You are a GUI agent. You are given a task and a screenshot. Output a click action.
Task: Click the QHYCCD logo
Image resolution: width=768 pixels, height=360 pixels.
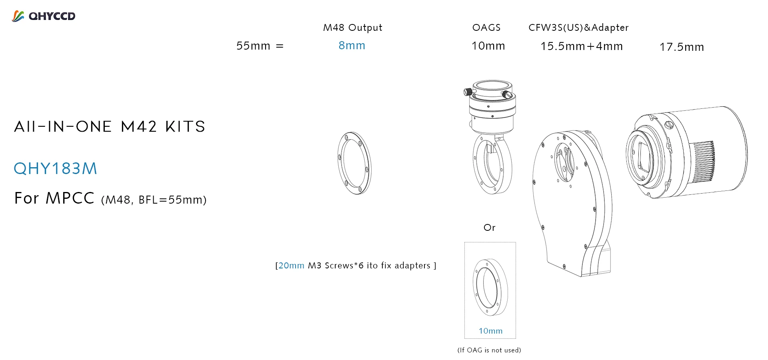tap(44, 16)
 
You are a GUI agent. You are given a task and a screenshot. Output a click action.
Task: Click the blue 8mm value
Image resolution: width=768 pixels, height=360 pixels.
tap(352, 46)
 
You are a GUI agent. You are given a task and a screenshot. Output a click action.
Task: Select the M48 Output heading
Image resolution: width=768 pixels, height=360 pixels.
tap(352, 28)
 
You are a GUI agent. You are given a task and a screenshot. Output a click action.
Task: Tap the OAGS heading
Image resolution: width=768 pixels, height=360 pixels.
tap(486, 28)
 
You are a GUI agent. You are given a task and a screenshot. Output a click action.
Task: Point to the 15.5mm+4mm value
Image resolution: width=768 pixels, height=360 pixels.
tap(582, 46)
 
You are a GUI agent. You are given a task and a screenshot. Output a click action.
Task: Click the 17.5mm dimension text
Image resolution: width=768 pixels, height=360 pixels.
tap(682, 47)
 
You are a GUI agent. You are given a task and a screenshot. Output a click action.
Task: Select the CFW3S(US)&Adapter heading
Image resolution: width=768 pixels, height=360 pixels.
tap(578, 28)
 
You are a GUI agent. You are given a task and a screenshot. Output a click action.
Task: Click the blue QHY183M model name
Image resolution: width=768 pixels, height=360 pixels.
tap(56, 168)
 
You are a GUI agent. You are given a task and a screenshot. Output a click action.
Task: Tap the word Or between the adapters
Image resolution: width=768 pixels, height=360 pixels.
tap(489, 228)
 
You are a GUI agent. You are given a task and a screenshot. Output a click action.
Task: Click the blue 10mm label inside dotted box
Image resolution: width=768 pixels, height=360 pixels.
tap(490, 331)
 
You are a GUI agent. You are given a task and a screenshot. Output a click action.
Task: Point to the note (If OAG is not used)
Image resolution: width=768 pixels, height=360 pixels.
tap(489, 350)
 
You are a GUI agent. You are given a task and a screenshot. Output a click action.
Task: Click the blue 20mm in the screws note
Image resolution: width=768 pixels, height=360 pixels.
tap(291, 266)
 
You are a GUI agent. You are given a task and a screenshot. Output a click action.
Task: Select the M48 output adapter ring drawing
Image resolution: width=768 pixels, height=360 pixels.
tap(354, 163)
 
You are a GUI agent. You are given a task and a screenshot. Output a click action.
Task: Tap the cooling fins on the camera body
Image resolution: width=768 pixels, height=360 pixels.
tap(703, 162)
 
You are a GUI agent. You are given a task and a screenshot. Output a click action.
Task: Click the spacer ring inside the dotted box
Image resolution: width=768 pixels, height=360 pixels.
tap(490, 287)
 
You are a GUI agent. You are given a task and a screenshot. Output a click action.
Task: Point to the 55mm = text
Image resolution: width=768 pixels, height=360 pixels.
tap(260, 46)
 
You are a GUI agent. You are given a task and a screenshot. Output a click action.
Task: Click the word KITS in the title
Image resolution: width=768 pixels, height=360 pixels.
tap(185, 127)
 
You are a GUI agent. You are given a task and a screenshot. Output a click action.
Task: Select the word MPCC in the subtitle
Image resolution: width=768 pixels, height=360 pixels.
tap(70, 198)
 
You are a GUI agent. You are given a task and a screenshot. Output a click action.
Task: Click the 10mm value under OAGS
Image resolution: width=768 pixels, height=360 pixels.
tap(488, 46)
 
